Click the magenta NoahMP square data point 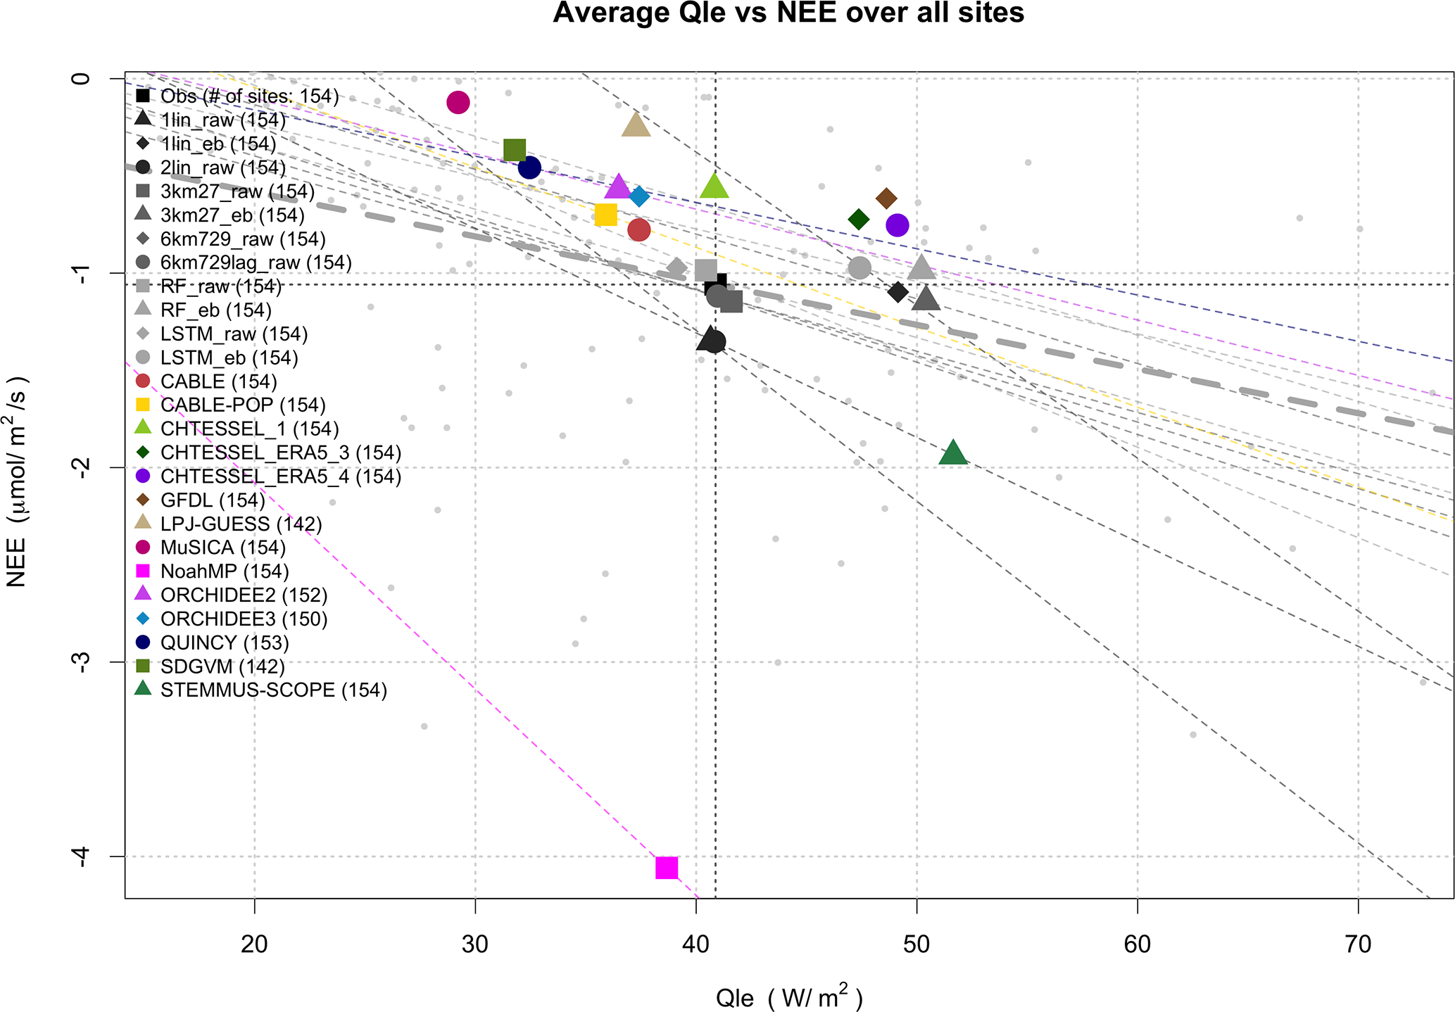(666, 868)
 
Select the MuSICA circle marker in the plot (458, 103)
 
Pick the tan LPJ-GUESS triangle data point (636, 125)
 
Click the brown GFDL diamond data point (886, 199)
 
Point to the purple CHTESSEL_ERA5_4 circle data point (897, 225)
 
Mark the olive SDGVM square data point (515, 150)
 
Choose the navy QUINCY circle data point (529, 167)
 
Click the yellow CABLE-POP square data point (605, 215)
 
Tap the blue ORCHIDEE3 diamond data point (639, 196)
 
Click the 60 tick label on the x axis (1137, 944)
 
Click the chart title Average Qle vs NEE (788, 14)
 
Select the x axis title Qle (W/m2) (788, 998)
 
